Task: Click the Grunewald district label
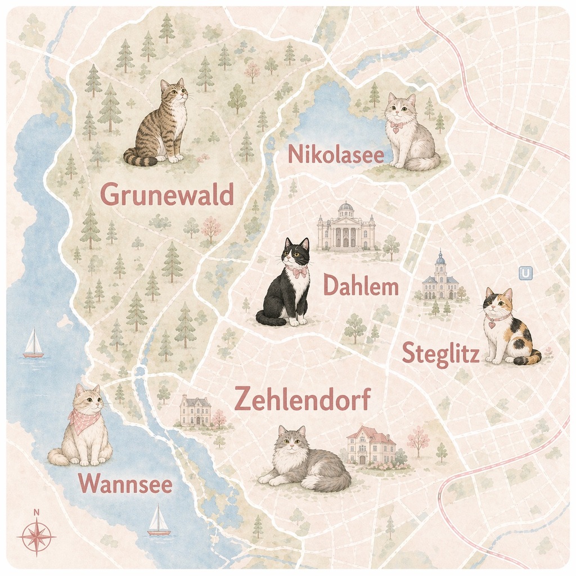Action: coord(166,195)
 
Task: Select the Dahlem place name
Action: coord(361,287)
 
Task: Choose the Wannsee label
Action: coord(125,484)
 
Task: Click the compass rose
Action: coord(37,535)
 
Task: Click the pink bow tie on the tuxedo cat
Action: coord(299,272)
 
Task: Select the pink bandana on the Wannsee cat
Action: coord(84,420)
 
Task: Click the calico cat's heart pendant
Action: coord(491,325)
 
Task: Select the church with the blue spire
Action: coord(440,278)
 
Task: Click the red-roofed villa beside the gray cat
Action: coord(371,445)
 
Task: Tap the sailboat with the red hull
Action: coord(33,344)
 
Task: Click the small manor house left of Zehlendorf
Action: coord(195,411)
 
